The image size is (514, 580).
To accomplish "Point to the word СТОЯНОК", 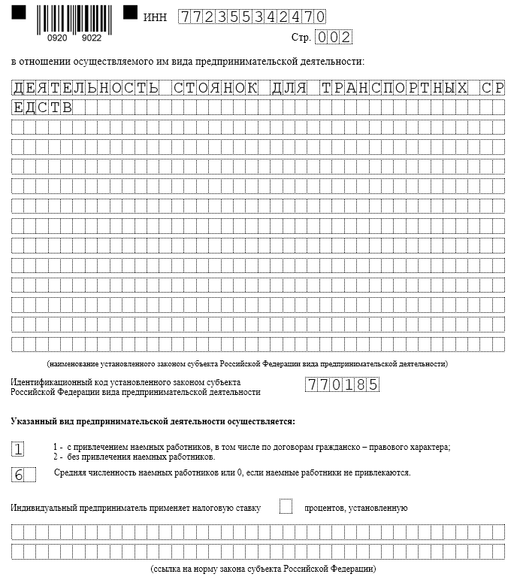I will point(215,88).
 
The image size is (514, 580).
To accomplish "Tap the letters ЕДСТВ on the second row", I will point(43,108).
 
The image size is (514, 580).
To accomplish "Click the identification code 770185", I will point(342,385).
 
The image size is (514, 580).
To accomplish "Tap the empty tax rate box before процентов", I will point(286,506).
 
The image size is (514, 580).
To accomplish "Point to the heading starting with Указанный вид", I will point(153,421).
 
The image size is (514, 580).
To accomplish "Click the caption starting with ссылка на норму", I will point(263,568).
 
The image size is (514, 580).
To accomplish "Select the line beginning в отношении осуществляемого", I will point(188,60).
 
